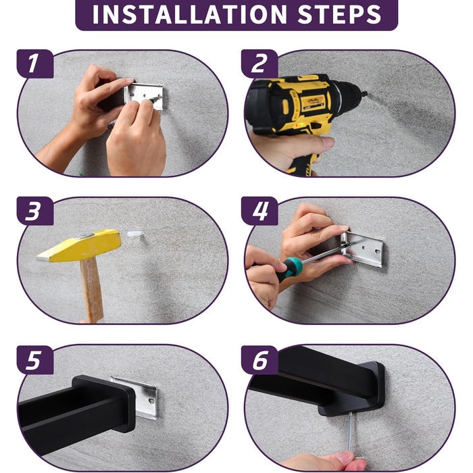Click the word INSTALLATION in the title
click(x=189, y=14)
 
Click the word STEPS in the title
click(x=339, y=14)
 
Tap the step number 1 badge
click(x=35, y=64)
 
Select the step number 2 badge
click(x=259, y=64)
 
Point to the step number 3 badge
click(x=35, y=211)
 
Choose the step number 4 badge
click(x=259, y=211)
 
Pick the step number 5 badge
click(x=35, y=360)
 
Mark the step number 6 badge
click(x=259, y=360)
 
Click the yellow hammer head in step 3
click(x=79, y=245)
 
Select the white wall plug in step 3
click(x=135, y=234)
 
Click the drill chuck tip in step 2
click(x=364, y=94)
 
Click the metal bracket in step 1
click(x=144, y=97)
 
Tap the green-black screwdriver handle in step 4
click(x=289, y=269)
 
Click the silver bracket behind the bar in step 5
click(x=143, y=398)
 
